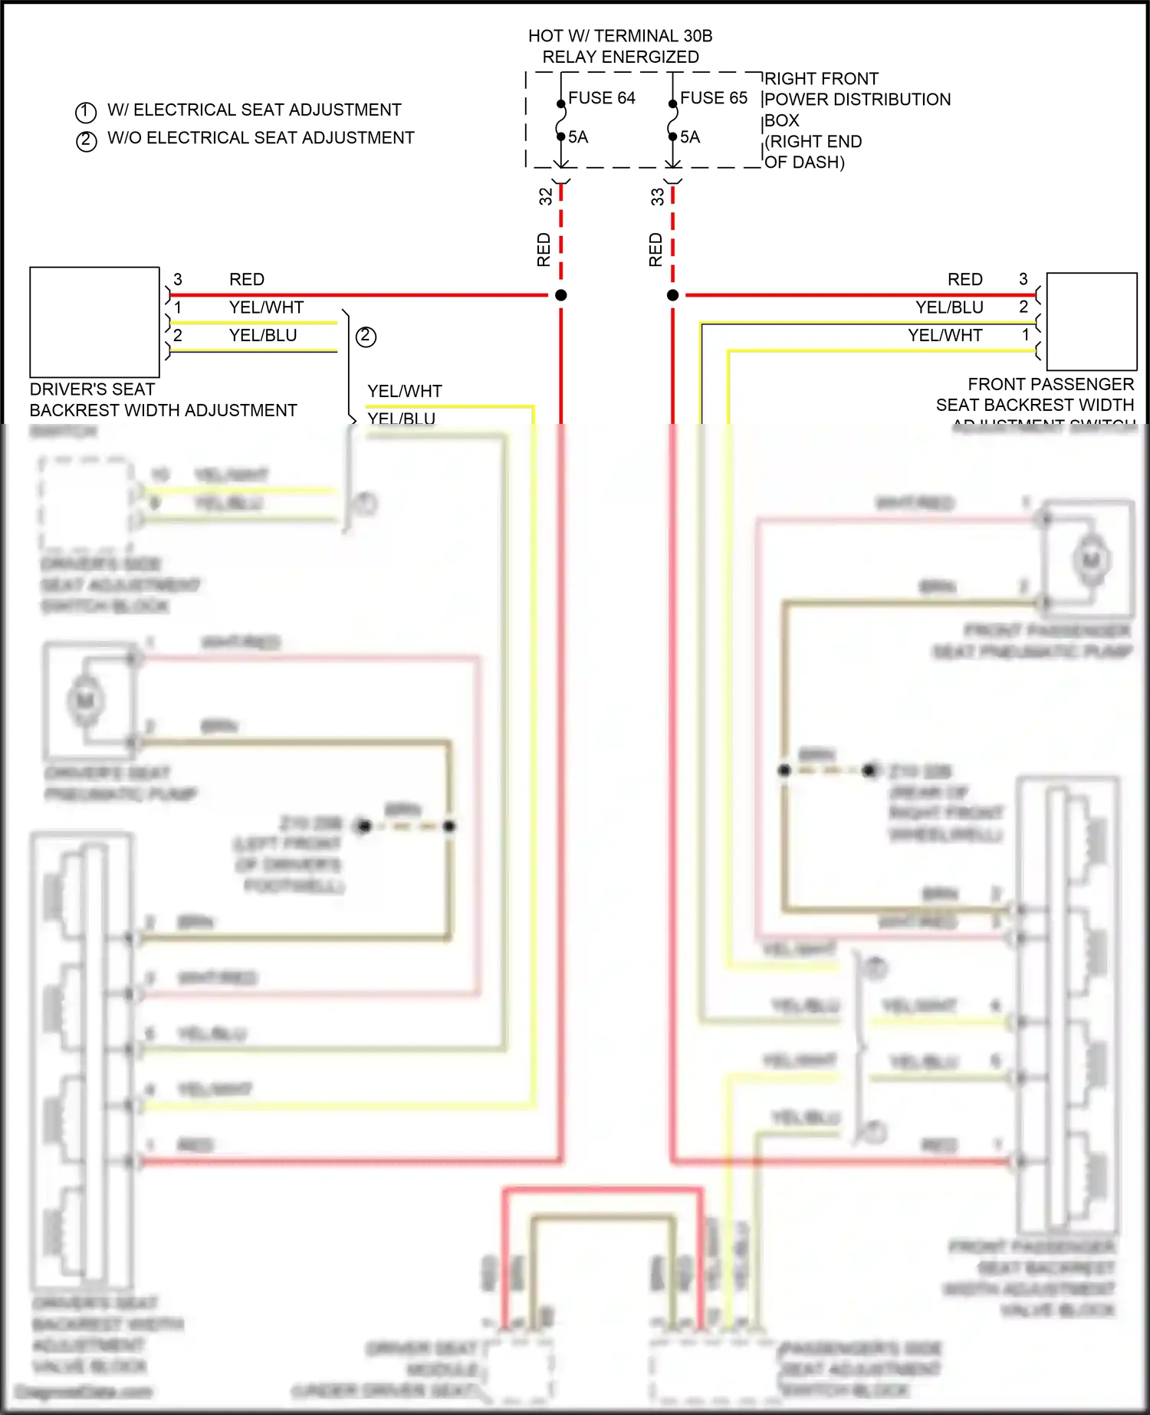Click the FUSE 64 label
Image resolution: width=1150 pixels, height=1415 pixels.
[x=601, y=98]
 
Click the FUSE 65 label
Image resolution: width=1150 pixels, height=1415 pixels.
[x=713, y=98]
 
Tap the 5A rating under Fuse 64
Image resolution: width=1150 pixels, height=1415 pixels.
[x=578, y=137]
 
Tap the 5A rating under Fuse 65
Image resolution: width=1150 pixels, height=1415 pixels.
[x=690, y=137]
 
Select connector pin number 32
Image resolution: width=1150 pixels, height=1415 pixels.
[x=546, y=196]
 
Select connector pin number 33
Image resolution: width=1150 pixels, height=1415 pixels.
[x=658, y=197]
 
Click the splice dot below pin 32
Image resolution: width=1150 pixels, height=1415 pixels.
[x=561, y=295]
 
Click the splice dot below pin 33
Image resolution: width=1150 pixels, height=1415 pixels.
[x=673, y=295]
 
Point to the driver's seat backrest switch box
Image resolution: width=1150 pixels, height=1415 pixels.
[x=94, y=322]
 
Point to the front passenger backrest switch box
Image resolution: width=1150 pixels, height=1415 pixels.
[x=1091, y=322]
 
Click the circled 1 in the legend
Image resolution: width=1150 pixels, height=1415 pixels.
[x=86, y=113]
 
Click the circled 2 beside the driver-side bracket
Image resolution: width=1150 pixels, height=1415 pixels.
[x=366, y=337]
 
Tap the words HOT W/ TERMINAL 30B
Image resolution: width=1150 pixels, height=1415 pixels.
[x=619, y=36]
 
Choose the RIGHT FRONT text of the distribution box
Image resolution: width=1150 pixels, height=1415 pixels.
[x=821, y=79]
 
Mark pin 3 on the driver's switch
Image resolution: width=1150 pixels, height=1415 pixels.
[x=178, y=279]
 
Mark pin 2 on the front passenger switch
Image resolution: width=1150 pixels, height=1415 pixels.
[x=1024, y=307]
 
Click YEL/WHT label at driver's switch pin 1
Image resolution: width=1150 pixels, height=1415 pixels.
[x=266, y=307]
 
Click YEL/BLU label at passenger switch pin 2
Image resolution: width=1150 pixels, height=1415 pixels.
[x=949, y=307]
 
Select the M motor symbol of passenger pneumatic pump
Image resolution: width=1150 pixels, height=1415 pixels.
[x=1090, y=560]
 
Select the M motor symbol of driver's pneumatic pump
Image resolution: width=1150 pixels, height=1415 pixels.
[x=85, y=700]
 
